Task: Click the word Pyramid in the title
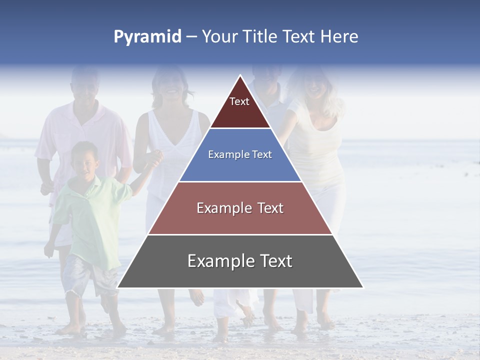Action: pos(147,37)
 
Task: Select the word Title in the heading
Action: pos(259,37)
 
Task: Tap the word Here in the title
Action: pos(338,37)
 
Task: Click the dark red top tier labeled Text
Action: pos(240,107)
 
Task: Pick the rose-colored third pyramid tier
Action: pos(240,208)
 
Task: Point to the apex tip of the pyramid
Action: pos(240,76)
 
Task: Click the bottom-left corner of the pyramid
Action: pos(118,287)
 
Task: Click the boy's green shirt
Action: pos(90,215)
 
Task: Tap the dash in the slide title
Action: pos(191,37)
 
